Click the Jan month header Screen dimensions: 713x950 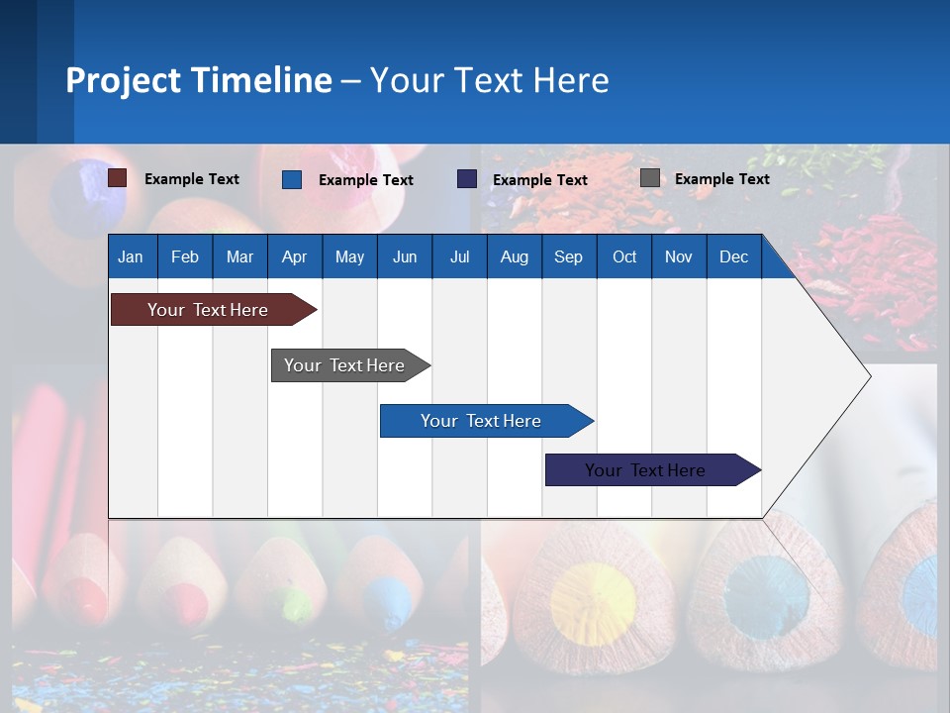click(132, 256)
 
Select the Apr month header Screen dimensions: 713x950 click(295, 256)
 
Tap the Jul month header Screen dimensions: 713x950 click(459, 256)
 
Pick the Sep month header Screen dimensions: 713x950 click(568, 256)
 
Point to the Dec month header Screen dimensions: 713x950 click(733, 256)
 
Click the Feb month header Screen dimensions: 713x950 click(185, 256)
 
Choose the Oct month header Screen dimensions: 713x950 click(624, 256)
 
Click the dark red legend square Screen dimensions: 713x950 click(117, 178)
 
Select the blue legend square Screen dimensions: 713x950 click(292, 179)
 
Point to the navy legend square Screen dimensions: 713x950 click(467, 179)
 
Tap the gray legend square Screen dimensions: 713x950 click(650, 178)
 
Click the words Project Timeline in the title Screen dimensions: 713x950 click(198, 79)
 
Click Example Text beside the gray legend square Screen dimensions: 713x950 click(721, 179)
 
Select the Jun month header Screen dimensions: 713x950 click(405, 256)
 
